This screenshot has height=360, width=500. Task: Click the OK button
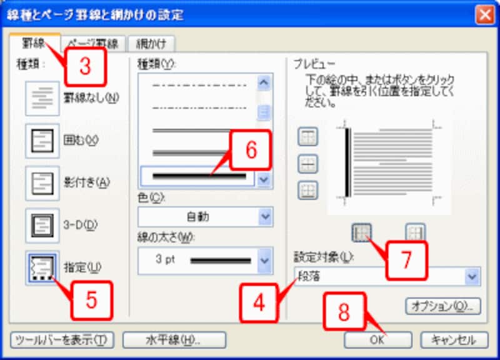tap(377, 339)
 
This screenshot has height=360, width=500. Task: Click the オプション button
tap(444, 306)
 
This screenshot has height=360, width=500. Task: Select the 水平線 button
tap(174, 339)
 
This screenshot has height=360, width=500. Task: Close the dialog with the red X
tap(484, 14)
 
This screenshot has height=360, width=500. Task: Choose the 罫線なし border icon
tap(42, 98)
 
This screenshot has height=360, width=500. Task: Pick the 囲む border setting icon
tap(42, 140)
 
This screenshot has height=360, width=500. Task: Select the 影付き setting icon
tap(42, 182)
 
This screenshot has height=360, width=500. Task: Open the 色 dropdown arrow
tap(266, 217)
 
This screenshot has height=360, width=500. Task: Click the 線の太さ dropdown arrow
tap(266, 258)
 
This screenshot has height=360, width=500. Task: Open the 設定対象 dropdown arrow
tap(472, 275)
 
